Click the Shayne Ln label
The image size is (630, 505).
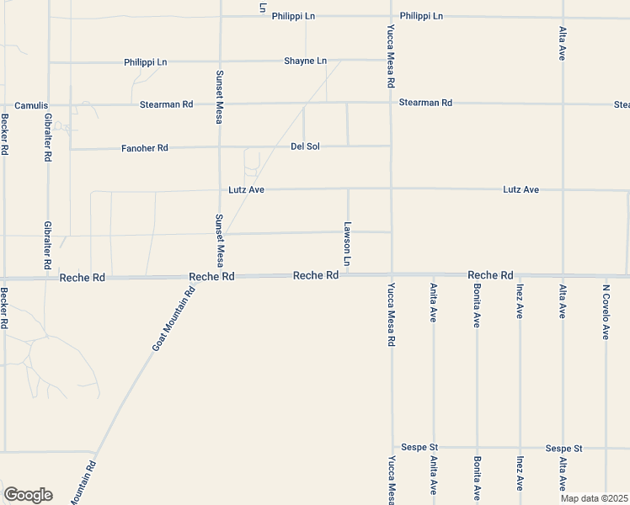point(305,61)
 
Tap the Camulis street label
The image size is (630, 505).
point(29,105)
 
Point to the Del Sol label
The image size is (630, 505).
point(305,146)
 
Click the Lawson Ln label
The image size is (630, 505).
point(347,246)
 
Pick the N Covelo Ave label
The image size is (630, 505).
point(606,311)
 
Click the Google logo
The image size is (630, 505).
point(28,495)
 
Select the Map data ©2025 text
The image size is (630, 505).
point(595,498)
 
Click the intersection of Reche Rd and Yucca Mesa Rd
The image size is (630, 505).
point(392,274)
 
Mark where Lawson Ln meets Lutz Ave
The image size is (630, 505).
point(348,189)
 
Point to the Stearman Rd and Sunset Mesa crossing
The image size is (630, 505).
point(220,104)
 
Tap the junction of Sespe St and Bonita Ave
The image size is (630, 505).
point(477,447)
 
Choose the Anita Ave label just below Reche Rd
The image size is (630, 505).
point(433,303)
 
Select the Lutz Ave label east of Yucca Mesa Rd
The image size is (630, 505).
point(521,190)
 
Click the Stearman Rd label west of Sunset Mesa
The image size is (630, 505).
point(167,104)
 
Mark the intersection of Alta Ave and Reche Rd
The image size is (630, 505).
point(562,274)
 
